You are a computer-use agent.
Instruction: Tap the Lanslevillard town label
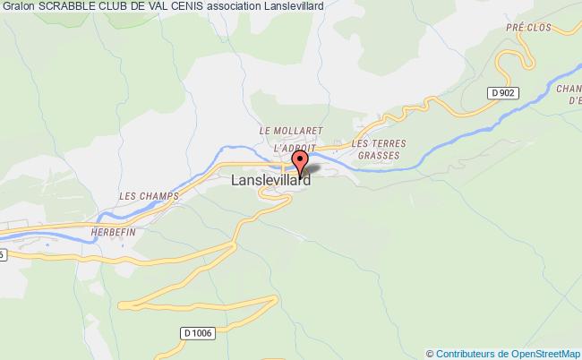point(270,180)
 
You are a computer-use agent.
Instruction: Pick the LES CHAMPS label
point(149,195)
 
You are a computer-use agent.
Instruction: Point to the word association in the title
point(269,6)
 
